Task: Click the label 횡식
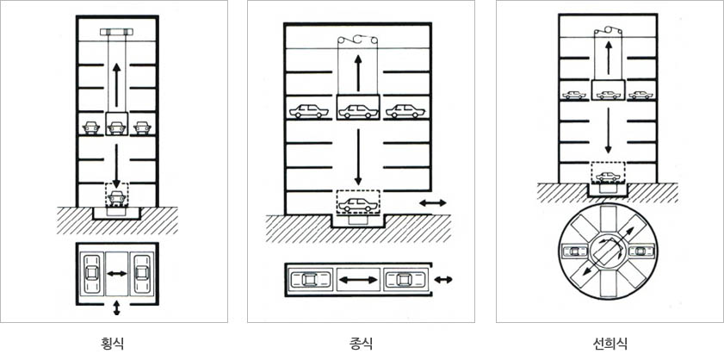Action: pyautogui.click(x=112, y=344)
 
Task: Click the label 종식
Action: pyautogui.click(x=361, y=344)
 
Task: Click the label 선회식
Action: pyautogui.click(x=610, y=344)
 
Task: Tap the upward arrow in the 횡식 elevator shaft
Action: pyautogui.click(x=116, y=85)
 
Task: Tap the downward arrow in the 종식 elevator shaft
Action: pyautogui.click(x=358, y=157)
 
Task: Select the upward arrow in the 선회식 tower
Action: pyautogui.click(x=608, y=58)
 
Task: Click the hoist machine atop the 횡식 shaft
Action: pyautogui.click(x=116, y=32)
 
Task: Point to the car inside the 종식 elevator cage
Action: pyautogui.click(x=358, y=112)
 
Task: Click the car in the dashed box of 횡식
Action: pyautogui.click(x=116, y=197)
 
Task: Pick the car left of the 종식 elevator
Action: pyautogui.click(x=308, y=111)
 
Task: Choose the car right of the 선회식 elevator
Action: pyautogui.click(x=640, y=96)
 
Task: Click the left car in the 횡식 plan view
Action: pyautogui.click(x=91, y=273)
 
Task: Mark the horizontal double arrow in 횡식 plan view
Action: pyautogui.click(x=116, y=274)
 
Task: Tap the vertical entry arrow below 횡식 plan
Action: pyautogui.click(x=116, y=307)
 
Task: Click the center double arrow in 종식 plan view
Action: pyautogui.click(x=358, y=280)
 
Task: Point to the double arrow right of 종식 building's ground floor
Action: pyautogui.click(x=433, y=202)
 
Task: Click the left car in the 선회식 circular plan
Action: pyautogui.click(x=574, y=251)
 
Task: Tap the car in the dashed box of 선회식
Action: pyautogui.click(x=608, y=177)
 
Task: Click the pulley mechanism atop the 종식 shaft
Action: pyautogui.click(x=358, y=40)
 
